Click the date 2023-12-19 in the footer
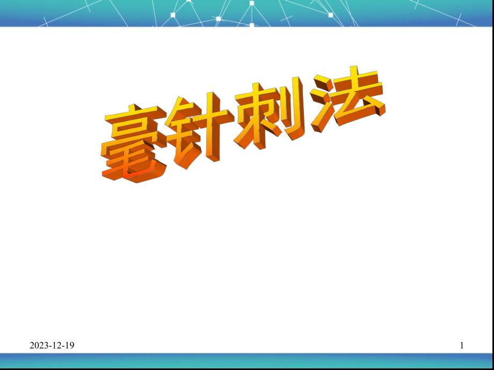[52, 346]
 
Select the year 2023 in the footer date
[39, 346]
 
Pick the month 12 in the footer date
[56, 346]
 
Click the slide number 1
[462, 346]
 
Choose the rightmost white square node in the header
[331, 15]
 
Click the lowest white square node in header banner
[251, 25]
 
